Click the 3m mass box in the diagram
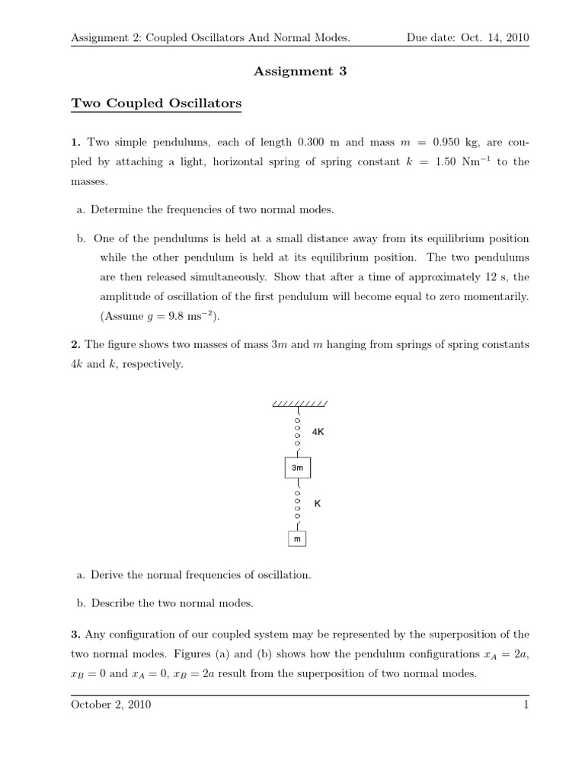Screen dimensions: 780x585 coord(298,466)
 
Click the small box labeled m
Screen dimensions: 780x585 coord(298,539)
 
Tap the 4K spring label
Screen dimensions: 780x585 coord(318,431)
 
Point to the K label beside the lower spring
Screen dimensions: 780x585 coord(318,503)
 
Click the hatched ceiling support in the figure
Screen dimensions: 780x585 coord(299,404)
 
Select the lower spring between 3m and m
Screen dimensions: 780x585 coord(298,504)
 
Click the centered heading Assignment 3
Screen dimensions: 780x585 coord(293,72)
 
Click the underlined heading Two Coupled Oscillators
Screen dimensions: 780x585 coord(155,104)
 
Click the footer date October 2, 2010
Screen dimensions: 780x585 coord(110,705)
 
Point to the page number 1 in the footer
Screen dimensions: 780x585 coord(526,705)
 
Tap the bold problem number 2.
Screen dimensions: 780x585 coord(74,344)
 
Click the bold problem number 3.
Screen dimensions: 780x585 coord(74,634)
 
